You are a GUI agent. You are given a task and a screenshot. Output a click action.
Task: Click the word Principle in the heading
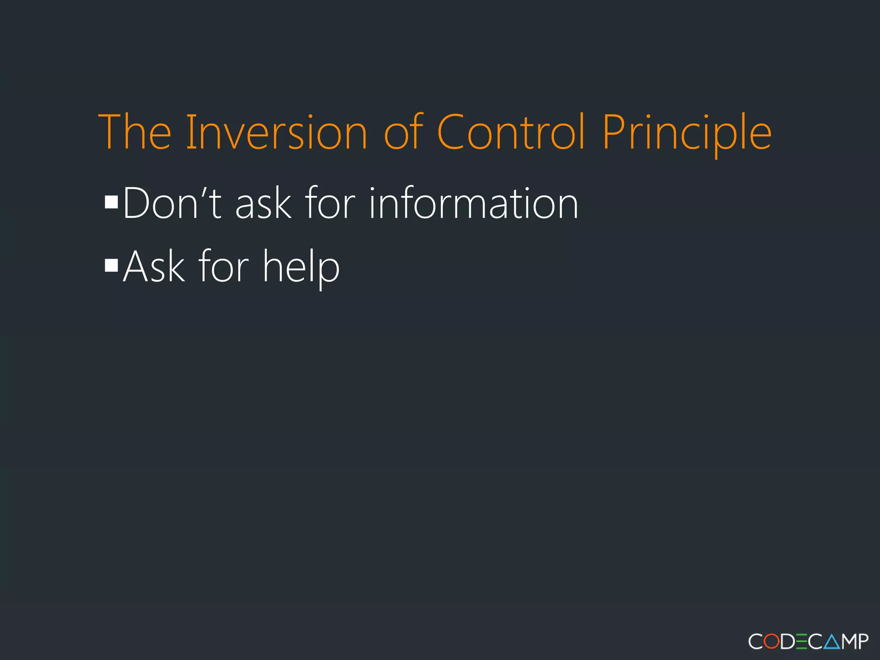(x=687, y=133)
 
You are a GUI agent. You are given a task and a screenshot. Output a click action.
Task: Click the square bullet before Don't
(x=111, y=202)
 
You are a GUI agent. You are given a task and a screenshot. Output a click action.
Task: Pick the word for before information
(x=330, y=203)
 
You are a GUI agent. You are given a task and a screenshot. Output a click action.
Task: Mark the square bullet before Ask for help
(x=111, y=266)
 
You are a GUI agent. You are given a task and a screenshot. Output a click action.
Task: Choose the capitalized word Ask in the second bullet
(x=154, y=266)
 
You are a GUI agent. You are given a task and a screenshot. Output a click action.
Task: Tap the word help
(x=301, y=268)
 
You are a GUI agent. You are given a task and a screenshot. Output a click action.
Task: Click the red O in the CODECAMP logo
(x=772, y=642)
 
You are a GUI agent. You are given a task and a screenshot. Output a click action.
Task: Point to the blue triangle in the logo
(x=832, y=642)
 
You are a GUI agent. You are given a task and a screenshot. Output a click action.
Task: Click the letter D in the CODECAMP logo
(x=787, y=642)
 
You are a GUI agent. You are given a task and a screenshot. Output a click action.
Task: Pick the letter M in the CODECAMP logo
(x=849, y=642)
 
